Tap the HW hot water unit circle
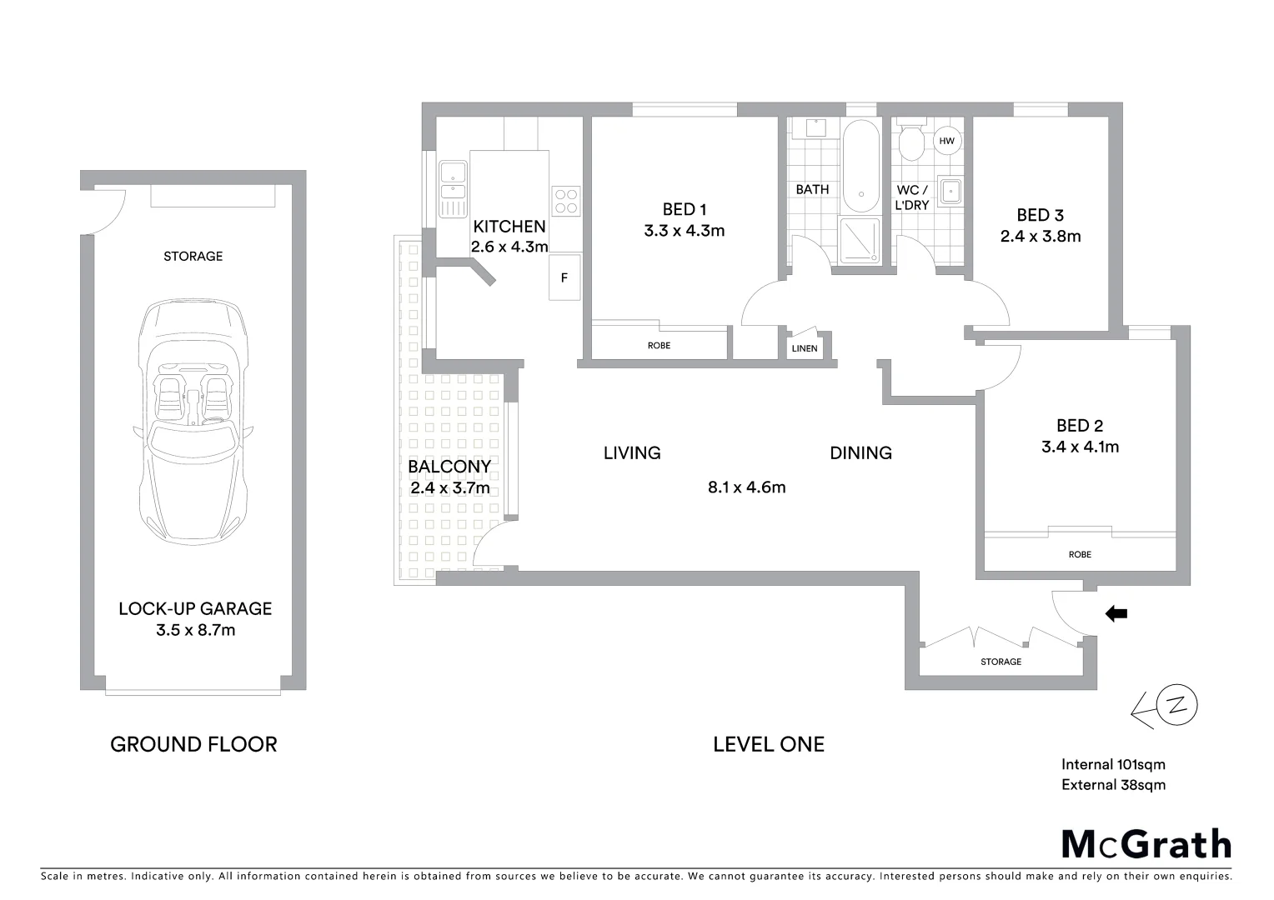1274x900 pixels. click(946, 141)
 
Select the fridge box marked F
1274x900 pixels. click(564, 277)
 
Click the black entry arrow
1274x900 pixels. click(1116, 614)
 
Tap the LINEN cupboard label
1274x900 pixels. click(805, 348)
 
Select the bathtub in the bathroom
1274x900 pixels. click(860, 167)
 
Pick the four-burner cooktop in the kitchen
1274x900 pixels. click(565, 200)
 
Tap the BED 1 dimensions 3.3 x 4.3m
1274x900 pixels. click(684, 231)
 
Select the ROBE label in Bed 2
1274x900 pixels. click(1079, 554)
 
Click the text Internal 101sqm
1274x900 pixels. click(1113, 764)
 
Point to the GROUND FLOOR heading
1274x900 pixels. click(193, 744)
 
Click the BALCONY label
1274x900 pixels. click(449, 467)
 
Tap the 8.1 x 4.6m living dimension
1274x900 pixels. click(746, 487)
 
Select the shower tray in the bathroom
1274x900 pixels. click(859, 240)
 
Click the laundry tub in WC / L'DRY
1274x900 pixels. click(950, 191)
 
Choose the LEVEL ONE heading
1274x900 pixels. click(768, 744)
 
